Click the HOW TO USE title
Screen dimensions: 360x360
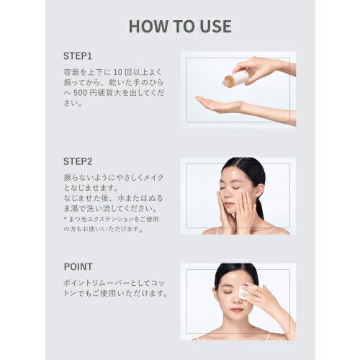click(180, 27)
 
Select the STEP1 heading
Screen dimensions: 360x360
click(78, 56)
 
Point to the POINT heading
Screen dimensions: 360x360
click(78, 266)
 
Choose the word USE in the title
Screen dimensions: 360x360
click(212, 27)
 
